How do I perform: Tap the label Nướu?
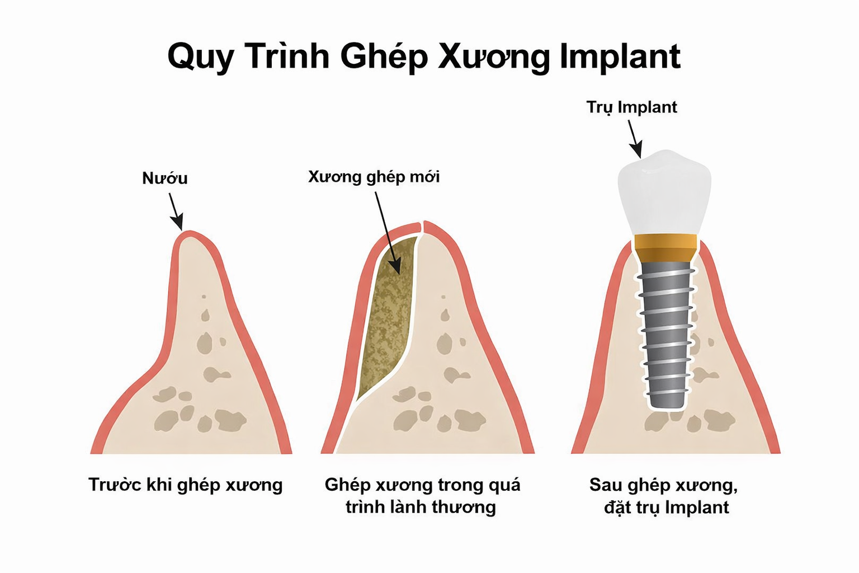165,179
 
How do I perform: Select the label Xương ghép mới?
374,177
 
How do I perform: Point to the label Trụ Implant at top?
631,107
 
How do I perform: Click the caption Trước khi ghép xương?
185,485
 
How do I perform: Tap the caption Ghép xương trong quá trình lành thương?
422,496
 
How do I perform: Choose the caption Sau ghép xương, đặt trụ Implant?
664,496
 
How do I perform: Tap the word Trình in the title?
287,56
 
